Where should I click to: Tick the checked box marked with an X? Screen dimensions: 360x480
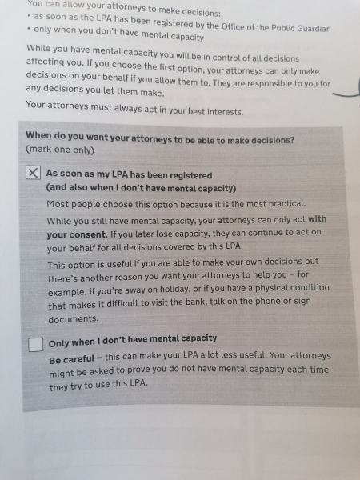[33, 174]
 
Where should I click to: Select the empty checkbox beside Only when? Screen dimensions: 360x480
[35, 345]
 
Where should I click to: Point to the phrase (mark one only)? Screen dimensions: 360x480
[61, 150]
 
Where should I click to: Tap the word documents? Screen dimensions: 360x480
[74, 318]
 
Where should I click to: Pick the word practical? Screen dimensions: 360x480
[286, 203]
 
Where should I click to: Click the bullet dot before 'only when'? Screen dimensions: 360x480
[28, 38]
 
